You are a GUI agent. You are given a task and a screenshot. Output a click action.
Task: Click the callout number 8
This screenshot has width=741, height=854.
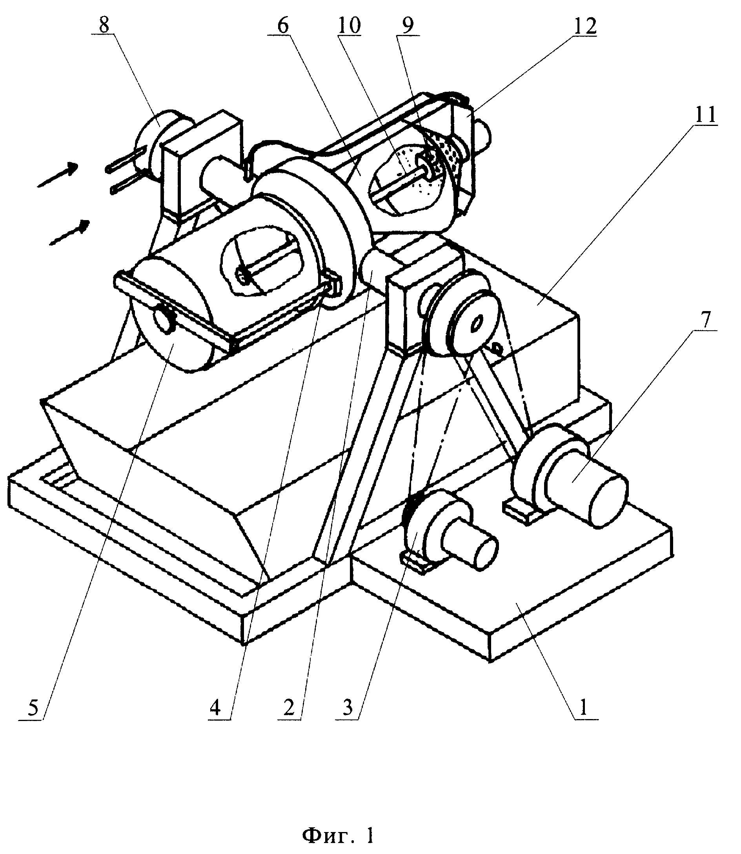tap(104, 25)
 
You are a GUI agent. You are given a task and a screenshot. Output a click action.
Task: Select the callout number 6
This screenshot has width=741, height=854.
tap(283, 26)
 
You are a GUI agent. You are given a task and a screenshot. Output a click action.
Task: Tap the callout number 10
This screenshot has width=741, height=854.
tap(349, 26)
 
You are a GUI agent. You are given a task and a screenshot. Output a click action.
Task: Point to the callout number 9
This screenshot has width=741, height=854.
tap(408, 26)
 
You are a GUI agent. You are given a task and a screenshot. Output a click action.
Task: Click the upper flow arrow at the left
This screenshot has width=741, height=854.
tap(58, 175)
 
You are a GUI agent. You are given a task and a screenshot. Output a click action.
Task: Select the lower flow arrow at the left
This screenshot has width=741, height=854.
tap(69, 232)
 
